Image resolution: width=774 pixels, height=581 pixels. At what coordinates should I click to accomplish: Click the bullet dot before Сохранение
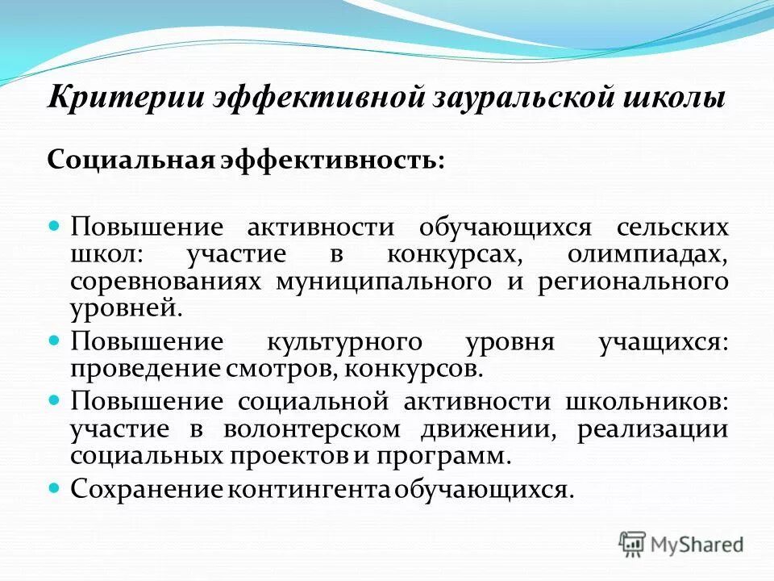point(55,488)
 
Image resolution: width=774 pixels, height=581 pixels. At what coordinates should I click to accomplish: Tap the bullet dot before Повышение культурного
point(55,341)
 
